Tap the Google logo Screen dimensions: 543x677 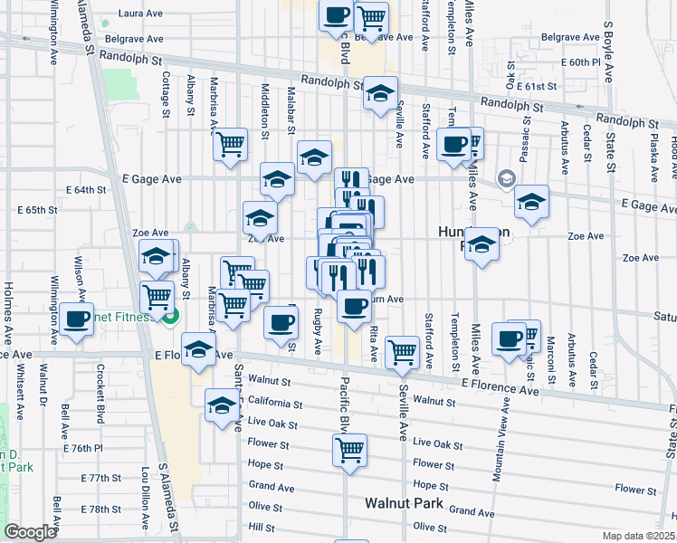click(30, 532)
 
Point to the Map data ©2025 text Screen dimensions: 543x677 click(639, 536)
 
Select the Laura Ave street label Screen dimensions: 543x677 click(140, 15)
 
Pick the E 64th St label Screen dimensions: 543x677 click(87, 190)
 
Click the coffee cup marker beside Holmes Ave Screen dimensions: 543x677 click(77, 320)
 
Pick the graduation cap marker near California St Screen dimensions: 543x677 click(222, 405)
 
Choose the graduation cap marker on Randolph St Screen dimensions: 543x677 click(380, 92)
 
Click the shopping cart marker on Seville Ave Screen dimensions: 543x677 click(401, 351)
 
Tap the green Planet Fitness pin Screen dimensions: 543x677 click(168, 316)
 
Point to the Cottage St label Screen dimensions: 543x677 click(166, 97)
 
